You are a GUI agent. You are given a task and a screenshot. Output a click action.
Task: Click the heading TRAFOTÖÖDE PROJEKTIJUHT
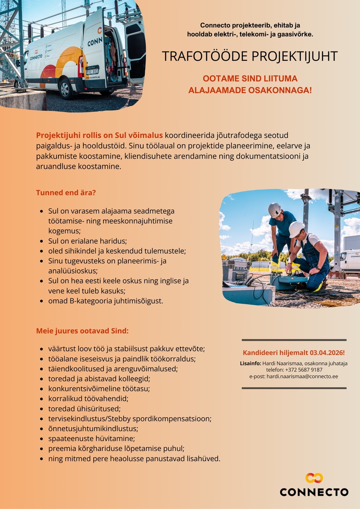point(250,56)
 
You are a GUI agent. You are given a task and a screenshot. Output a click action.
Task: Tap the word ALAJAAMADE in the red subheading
point(216,90)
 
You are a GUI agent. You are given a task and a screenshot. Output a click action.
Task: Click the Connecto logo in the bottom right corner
point(314,485)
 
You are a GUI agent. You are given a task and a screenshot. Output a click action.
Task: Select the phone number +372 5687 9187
point(304,370)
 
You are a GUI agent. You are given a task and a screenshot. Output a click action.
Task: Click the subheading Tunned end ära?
point(66,193)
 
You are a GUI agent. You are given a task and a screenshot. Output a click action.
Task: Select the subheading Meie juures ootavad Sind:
point(82,331)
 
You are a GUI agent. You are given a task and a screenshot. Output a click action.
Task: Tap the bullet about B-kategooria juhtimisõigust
point(106,301)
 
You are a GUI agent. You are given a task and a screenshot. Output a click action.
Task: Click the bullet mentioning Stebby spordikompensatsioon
point(130,419)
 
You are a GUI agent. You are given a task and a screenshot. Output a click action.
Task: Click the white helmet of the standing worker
point(274,210)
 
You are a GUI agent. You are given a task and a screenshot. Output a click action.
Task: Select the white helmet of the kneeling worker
point(296,229)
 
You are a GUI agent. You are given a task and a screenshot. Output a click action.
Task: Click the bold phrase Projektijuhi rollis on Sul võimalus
point(99,135)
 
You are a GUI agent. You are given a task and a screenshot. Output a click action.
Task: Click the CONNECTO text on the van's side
point(36,57)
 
